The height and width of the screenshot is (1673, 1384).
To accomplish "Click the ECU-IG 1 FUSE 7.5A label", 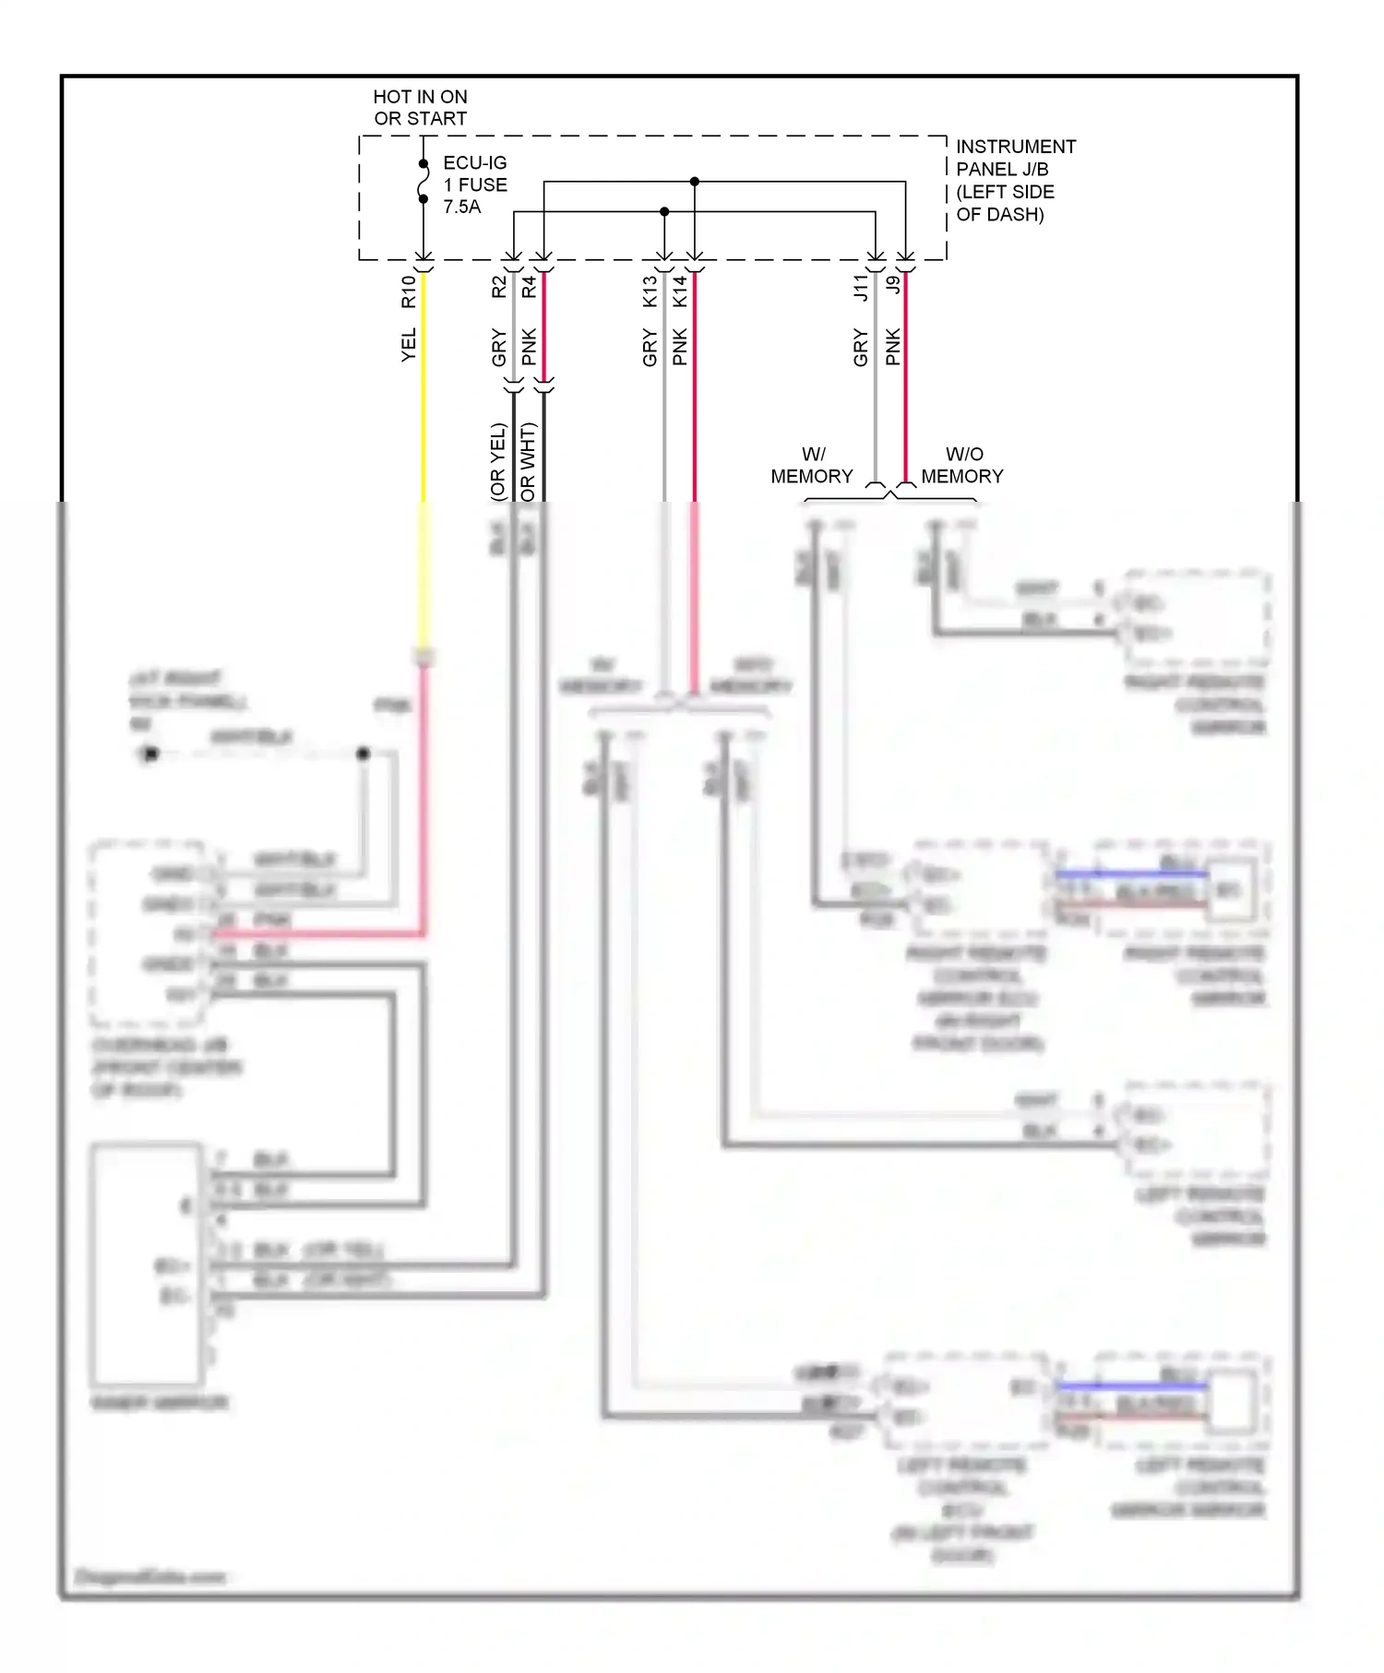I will [474, 184].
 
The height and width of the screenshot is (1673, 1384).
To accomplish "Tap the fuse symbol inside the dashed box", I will [424, 181].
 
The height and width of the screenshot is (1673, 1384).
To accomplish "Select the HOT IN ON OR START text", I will [420, 107].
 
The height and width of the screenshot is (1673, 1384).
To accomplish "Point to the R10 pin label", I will [409, 291].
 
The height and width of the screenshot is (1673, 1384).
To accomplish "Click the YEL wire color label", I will [409, 344].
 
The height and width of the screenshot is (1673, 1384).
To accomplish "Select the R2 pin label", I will [499, 287].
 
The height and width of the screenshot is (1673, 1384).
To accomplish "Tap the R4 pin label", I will [529, 287].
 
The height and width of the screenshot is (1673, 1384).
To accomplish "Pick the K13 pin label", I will [650, 291].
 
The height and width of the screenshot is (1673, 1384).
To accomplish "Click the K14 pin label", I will [680, 291].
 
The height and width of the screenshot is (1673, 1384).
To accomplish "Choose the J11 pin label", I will [861, 288].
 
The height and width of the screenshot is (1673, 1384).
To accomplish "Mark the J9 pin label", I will [892, 285].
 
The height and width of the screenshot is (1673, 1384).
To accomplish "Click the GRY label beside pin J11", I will [861, 348].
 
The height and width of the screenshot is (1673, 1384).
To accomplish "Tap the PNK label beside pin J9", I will [892, 347].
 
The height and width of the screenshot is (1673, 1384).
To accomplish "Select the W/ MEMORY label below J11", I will [812, 465].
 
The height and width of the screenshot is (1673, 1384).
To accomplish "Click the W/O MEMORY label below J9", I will [962, 465].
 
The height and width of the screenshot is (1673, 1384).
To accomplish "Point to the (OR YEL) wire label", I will [498, 461].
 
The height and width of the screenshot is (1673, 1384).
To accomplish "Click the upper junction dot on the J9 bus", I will [695, 182].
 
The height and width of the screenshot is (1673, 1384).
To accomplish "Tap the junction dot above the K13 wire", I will [664, 212].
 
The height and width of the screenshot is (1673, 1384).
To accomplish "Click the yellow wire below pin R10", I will [424, 415].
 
